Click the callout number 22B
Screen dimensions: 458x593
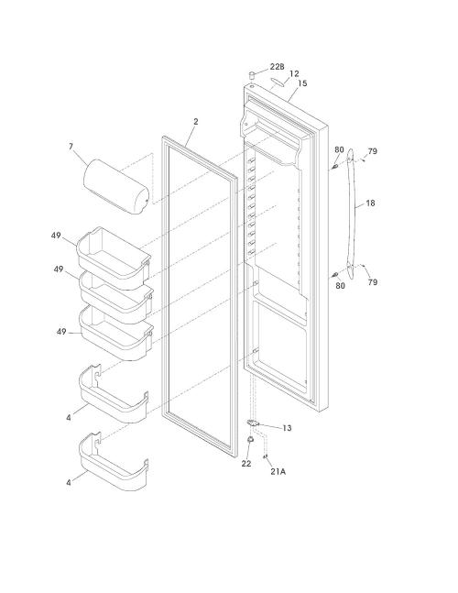277,67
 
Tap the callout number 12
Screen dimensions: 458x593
294,73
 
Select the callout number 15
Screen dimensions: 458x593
302,83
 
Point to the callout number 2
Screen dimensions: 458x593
195,122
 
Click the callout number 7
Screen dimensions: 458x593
71,147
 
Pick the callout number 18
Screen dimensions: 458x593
370,203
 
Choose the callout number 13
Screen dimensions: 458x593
287,428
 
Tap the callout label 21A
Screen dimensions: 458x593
278,472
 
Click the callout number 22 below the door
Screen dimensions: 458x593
246,464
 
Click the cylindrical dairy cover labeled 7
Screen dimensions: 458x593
116,186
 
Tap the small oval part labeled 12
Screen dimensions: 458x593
278,82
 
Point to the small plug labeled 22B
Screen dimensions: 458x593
251,73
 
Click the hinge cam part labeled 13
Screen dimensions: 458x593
252,423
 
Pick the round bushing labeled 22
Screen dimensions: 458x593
250,439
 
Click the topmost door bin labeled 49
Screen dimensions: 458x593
114,253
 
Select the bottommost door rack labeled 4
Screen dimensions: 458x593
114,462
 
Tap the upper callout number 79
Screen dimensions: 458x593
372,151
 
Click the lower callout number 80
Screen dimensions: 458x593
340,286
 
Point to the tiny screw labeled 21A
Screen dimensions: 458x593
266,456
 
